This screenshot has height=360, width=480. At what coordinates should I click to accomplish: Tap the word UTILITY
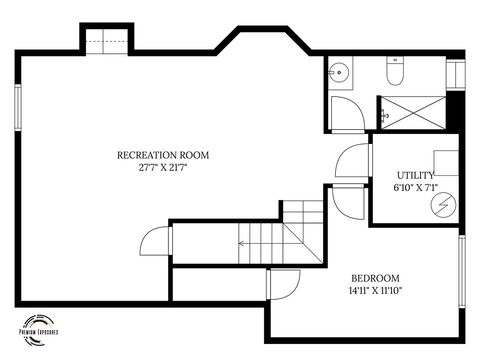point(415,175)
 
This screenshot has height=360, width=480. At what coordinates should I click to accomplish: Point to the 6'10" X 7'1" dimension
point(415,187)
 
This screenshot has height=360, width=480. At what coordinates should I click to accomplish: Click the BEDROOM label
point(375,278)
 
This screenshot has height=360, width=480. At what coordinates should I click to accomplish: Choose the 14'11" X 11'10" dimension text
point(375,291)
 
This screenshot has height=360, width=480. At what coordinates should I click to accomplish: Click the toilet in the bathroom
point(394,71)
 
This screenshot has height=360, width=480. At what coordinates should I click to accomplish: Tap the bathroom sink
point(338,71)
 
